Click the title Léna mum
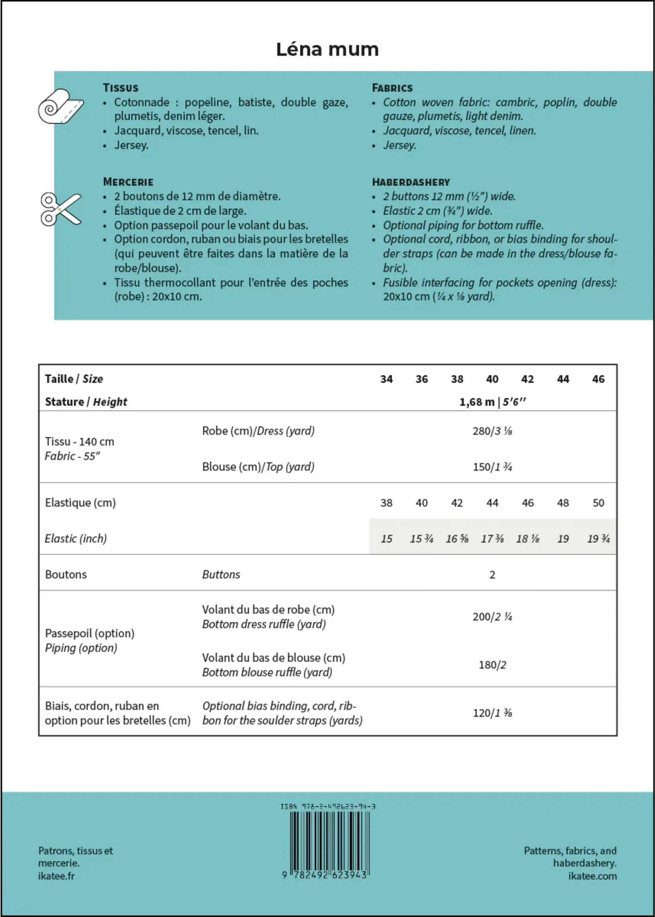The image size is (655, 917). click(x=327, y=50)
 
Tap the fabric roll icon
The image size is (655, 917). click(x=61, y=106)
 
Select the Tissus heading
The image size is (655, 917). click(x=121, y=88)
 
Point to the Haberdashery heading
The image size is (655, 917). click(x=411, y=182)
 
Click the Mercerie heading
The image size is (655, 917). click(x=128, y=182)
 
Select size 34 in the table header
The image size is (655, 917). click(x=387, y=379)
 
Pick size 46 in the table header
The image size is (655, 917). click(x=598, y=379)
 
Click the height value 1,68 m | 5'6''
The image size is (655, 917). click(x=492, y=402)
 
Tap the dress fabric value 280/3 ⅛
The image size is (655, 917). click(x=492, y=431)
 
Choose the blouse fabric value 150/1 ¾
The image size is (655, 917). click(x=492, y=467)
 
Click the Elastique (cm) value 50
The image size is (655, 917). click(x=598, y=503)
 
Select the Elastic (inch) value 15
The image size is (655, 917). click(x=387, y=539)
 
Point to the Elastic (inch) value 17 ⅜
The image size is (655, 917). click(x=492, y=539)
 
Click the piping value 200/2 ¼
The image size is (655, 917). click(x=492, y=616)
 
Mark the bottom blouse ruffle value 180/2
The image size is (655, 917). click(x=492, y=664)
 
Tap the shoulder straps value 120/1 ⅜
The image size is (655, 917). click(x=492, y=713)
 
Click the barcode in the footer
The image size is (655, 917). click(x=329, y=841)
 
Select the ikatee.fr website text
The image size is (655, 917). click(x=56, y=876)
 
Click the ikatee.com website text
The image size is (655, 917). click(x=592, y=876)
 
